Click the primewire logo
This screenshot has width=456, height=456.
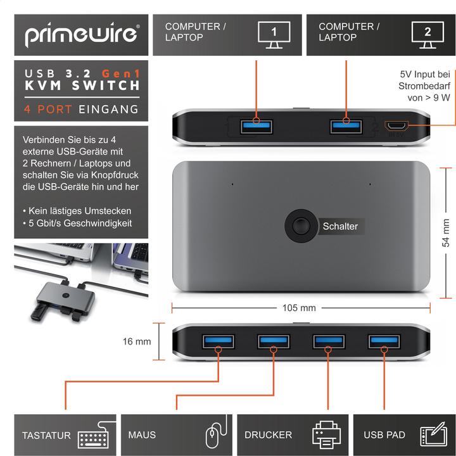[82, 35]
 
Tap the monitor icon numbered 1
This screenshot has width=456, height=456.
[274, 35]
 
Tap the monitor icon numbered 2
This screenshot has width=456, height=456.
[427, 35]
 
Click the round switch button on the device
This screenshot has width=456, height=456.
[301, 225]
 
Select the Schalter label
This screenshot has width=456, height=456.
[340, 226]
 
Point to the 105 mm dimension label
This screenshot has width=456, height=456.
[299, 308]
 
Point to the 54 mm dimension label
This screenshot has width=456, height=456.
[445, 233]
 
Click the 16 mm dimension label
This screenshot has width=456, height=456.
[137, 341]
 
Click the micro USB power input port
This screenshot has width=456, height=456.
[396, 126]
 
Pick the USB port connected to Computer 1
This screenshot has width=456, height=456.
[256, 127]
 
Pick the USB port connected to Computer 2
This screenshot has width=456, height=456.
[346, 127]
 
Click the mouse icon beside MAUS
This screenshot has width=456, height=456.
[216, 431]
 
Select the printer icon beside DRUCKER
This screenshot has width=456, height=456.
[326, 434]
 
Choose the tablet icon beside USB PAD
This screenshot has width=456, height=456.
[434, 434]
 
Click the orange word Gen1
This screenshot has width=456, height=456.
[121, 73]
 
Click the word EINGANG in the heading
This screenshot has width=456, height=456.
[109, 110]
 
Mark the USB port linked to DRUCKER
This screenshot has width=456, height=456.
[329, 341]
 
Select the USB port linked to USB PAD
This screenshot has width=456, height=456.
[384, 341]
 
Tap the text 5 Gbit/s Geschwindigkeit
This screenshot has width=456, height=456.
[80, 223]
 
